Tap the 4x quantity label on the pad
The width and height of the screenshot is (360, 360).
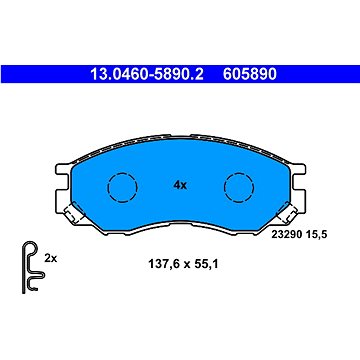point(180,186)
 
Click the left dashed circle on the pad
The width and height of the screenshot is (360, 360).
point(123,187)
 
